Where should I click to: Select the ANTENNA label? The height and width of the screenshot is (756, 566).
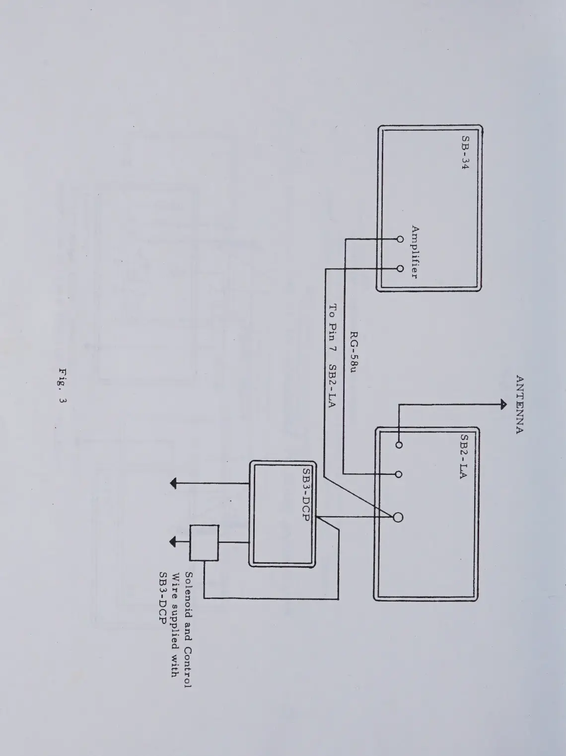pyautogui.click(x=519, y=405)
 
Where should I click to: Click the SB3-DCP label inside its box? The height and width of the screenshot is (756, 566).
pyautogui.click(x=306, y=495)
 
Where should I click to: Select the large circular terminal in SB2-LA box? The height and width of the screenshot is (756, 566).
pyautogui.click(x=398, y=518)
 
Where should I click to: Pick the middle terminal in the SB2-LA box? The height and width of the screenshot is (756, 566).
pyautogui.click(x=398, y=474)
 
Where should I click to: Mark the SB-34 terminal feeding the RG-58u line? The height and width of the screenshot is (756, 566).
pyautogui.click(x=400, y=239)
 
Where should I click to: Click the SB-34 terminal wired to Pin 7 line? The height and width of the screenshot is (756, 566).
pyautogui.click(x=400, y=269)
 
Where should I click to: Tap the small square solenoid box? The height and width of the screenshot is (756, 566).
pyautogui.click(x=204, y=543)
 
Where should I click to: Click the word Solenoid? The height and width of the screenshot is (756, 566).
pyautogui.click(x=189, y=593)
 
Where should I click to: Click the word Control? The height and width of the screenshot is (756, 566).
pyautogui.click(x=188, y=667)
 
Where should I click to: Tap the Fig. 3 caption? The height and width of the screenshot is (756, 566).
pyautogui.click(x=63, y=386)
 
